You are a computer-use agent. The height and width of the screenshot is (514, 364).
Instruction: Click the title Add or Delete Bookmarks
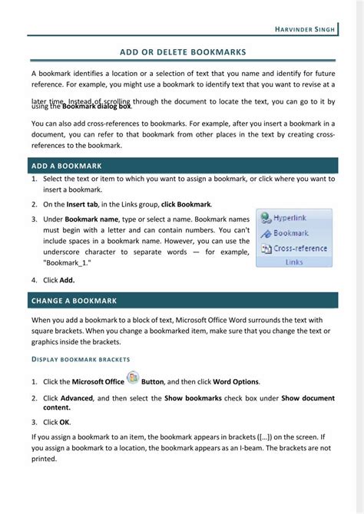click(x=183, y=52)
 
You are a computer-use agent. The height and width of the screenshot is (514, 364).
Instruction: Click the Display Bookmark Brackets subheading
click(x=81, y=359)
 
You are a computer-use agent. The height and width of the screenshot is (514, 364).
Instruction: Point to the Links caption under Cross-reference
click(x=294, y=262)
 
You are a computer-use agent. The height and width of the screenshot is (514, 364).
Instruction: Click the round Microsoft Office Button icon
click(x=133, y=377)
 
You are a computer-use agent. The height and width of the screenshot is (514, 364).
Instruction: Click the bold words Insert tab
click(x=81, y=204)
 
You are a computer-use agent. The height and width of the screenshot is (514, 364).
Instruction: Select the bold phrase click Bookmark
click(x=187, y=204)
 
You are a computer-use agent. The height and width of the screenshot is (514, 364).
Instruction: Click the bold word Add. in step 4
click(x=67, y=280)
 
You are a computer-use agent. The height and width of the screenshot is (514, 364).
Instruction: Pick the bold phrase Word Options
click(x=236, y=382)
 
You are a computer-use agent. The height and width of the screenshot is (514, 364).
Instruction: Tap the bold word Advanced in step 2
click(x=77, y=398)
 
